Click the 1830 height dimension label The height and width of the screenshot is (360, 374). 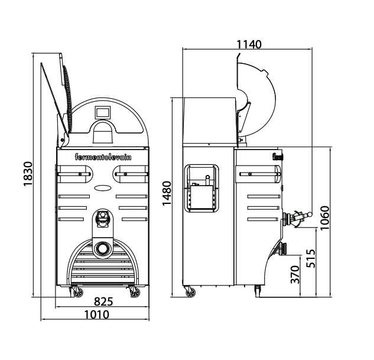point(28,174)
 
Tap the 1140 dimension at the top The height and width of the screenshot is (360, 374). point(249,44)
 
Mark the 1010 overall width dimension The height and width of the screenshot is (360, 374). point(96,314)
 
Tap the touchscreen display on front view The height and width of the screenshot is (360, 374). point(103,111)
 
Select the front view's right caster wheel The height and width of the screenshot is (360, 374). point(131,291)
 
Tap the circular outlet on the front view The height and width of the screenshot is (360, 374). point(102,248)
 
